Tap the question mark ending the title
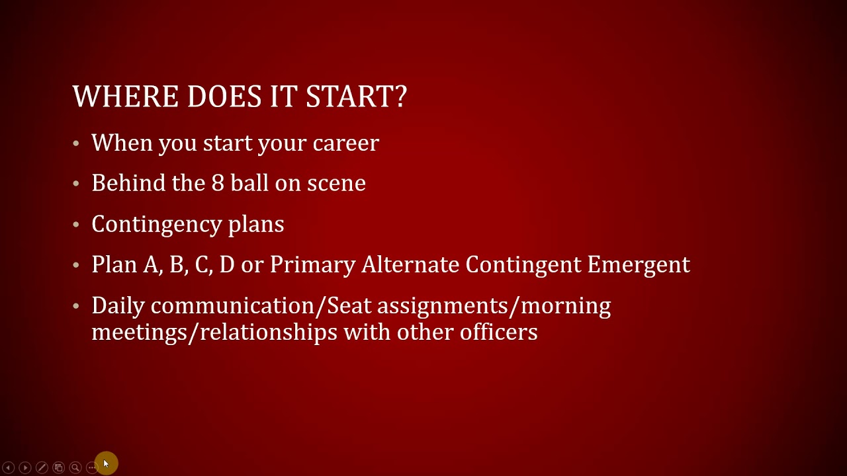400,97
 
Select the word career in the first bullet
345,143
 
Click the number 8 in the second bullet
218,183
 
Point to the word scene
336,184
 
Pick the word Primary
312,265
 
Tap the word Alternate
410,264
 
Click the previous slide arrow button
9,468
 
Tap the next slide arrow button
25,468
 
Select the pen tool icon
42,468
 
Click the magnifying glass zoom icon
75,468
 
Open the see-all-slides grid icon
58,468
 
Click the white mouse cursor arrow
106,464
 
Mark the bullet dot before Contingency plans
77,225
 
